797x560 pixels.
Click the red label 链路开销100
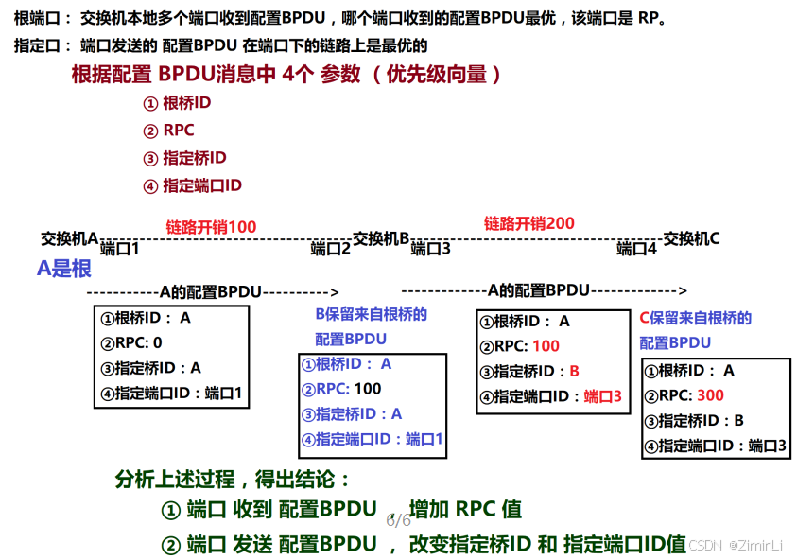pos(211,227)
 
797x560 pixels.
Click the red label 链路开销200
pos(528,223)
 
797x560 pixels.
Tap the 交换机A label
pos(69,237)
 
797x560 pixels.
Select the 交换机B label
pos(380,238)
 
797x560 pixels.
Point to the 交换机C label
pos(690,238)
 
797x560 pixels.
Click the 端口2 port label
pos(331,249)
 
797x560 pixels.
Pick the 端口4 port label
pos(636,249)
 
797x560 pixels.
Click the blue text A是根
pos(64,269)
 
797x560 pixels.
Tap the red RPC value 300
pos(710,395)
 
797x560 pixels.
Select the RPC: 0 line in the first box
pos(131,342)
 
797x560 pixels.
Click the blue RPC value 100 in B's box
pos(367,388)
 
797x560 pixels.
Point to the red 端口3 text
pos(602,397)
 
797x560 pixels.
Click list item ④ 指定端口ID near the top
pos(192,185)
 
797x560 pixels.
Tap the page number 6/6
pos(398,520)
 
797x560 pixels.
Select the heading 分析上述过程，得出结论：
pos(233,479)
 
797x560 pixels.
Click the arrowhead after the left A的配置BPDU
pos(333,291)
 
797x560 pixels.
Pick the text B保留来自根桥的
pos(371,314)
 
